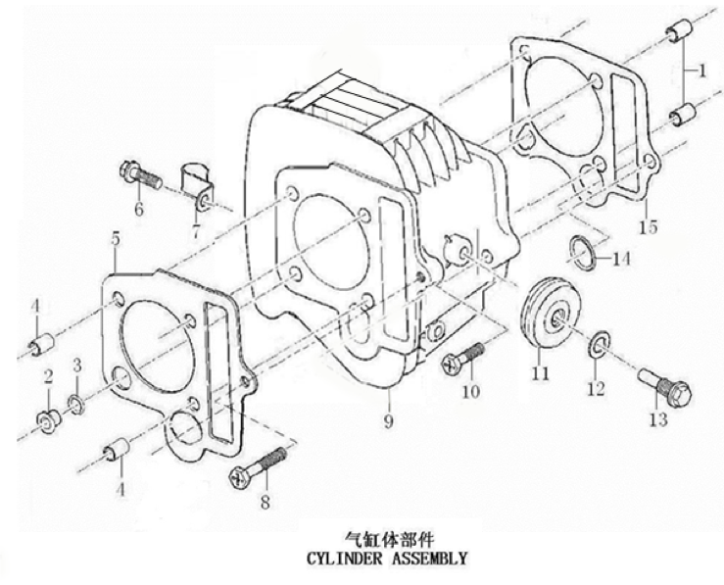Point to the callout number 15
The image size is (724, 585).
646,228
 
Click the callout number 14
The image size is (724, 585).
621,260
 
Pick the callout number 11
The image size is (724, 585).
539,372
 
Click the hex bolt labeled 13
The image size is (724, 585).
665,390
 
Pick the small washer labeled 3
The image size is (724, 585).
75,404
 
